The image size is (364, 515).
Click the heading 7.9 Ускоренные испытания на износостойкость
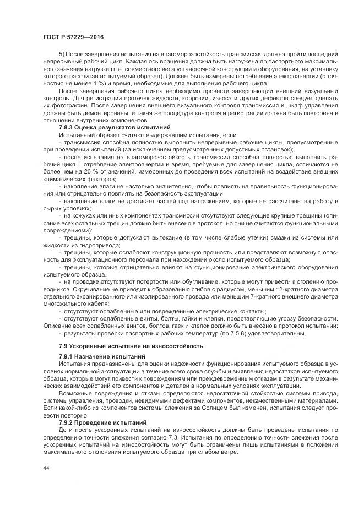coord(131,345)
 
